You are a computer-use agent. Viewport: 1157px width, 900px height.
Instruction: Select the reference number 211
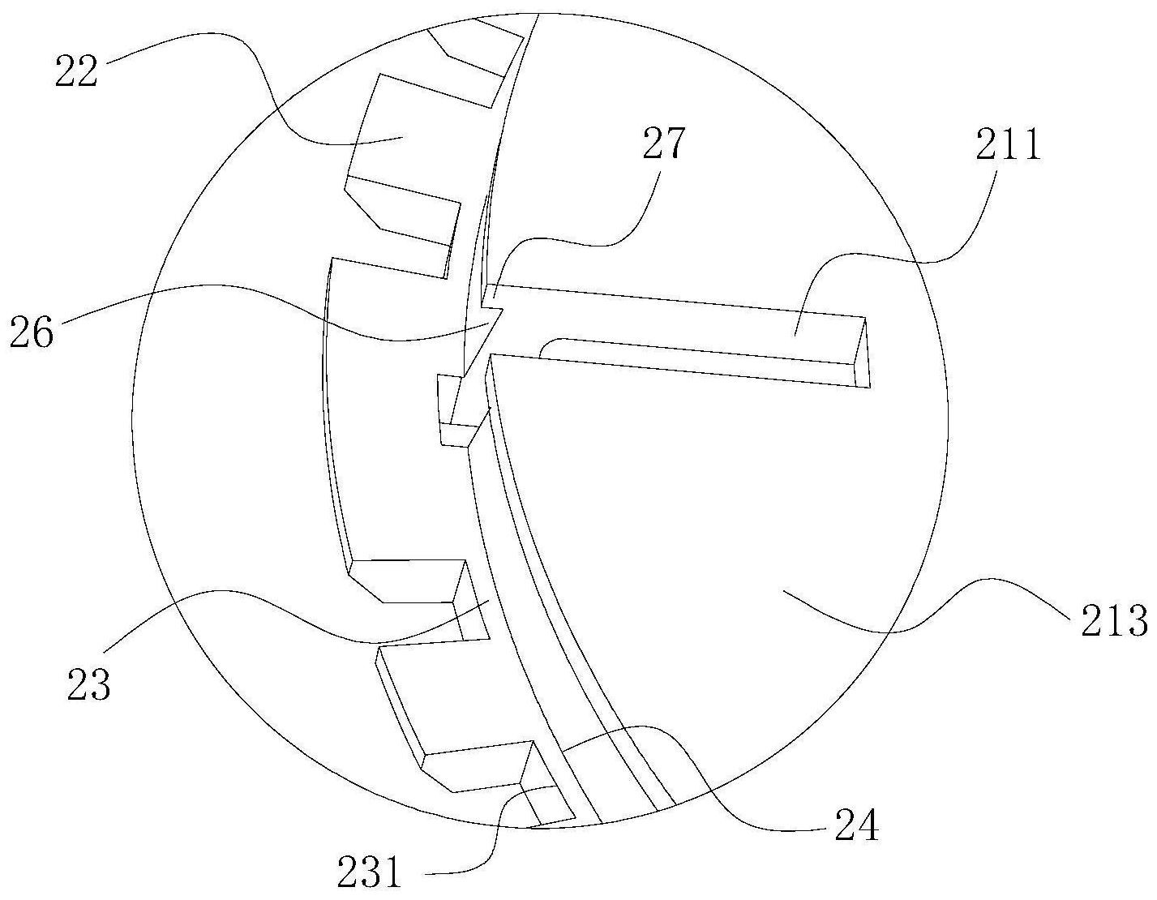coord(1009,148)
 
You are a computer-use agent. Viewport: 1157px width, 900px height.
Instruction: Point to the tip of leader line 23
coord(488,602)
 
